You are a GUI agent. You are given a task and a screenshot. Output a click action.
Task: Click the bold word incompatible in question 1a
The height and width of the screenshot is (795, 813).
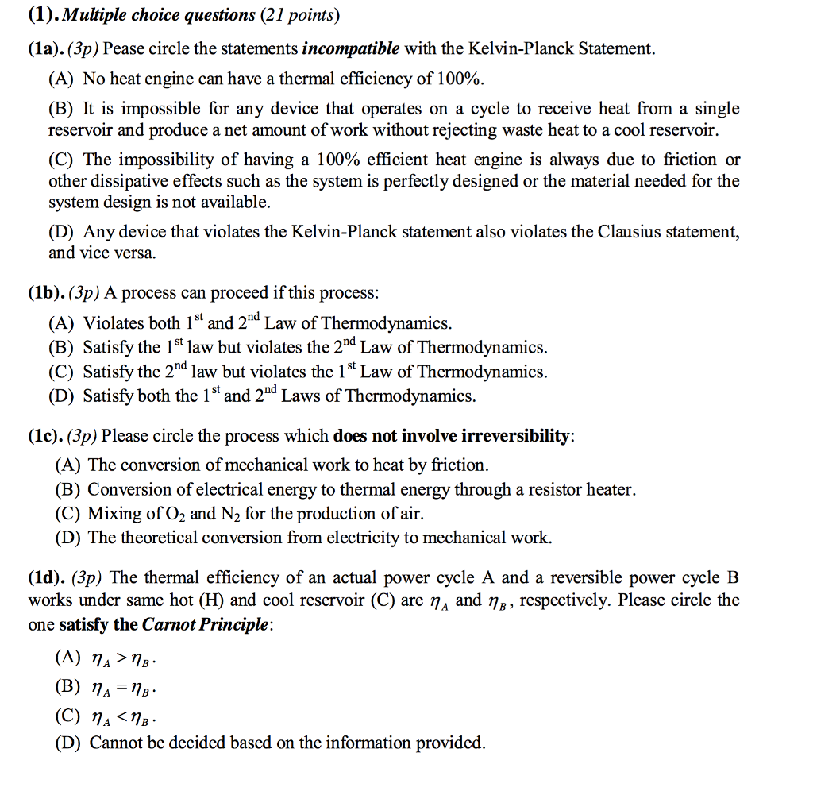[350, 49]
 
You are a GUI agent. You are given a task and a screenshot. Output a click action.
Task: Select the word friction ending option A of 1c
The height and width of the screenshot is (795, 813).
[458, 465]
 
